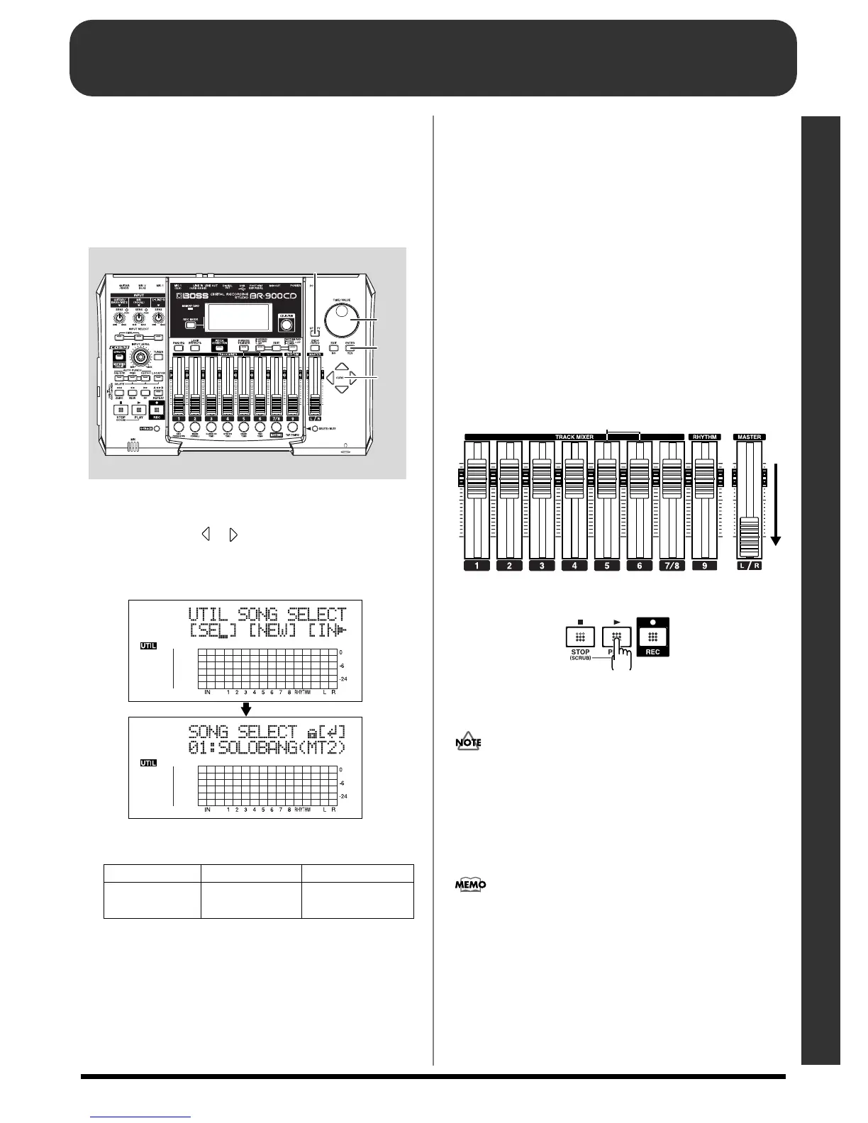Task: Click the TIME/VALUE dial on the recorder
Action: [343, 316]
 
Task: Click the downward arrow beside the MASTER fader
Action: [776, 504]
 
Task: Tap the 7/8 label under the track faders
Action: [672, 566]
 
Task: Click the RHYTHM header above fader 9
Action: [705, 437]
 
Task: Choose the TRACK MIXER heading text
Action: [574, 437]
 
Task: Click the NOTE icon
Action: [469, 743]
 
